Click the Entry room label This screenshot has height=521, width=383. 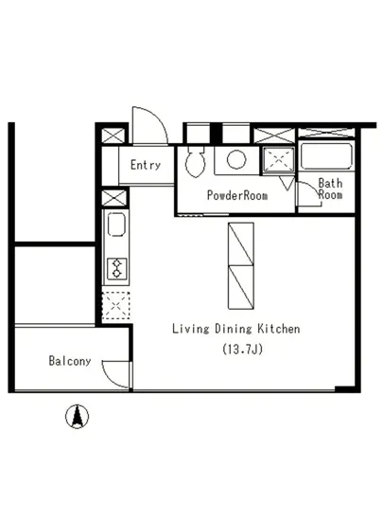coord(146,165)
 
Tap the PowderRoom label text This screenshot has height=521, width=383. coord(237,195)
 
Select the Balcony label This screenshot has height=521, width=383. coord(70,361)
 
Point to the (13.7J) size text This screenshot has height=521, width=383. coord(243,350)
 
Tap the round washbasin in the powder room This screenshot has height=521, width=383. coord(236,159)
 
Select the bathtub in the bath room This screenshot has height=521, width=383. coord(326,156)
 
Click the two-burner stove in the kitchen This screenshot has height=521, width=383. coord(116,268)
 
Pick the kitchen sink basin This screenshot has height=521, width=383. coord(116,225)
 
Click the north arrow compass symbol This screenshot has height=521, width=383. coord(78,417)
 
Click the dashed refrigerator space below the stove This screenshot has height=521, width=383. coord(115,306)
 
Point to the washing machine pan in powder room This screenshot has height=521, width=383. coord(279,160)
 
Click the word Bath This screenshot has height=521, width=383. coord(330,183)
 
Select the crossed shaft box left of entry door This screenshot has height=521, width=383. coord(113,135)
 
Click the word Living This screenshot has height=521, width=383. coord(191,329)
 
